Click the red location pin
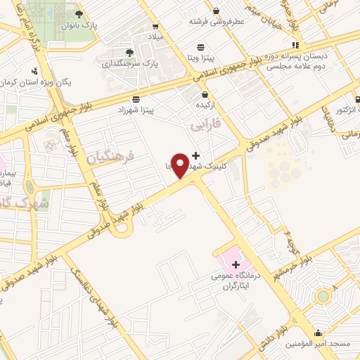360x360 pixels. [180, 165]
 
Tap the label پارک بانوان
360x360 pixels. [78, 25]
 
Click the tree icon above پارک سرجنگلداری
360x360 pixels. [129, 52]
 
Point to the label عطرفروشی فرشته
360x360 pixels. [217, 21]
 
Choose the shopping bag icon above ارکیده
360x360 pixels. [205, 94]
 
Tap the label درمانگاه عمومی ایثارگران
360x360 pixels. [236, 281]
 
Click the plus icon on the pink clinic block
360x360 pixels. [236, 264]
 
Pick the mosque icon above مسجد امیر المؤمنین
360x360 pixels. [318, 334]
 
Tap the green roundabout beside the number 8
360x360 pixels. [323, 296]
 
